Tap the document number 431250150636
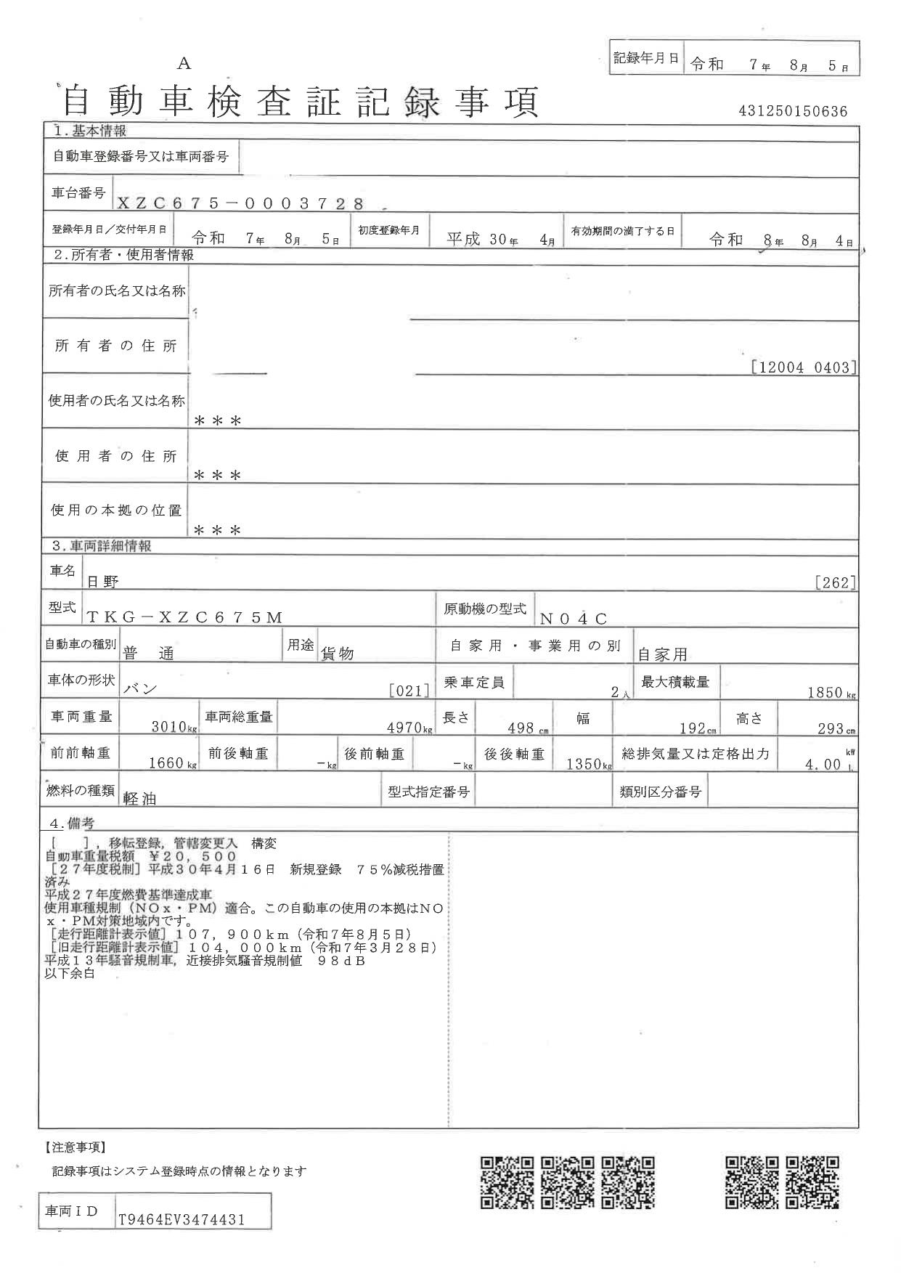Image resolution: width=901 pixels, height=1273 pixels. (793, 111)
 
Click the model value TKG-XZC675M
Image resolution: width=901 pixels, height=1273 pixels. (184, 617)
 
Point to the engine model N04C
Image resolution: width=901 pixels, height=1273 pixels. (573, 619)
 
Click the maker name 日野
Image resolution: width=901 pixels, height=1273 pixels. (103, 582)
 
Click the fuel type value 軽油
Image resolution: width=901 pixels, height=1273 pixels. (140, 798)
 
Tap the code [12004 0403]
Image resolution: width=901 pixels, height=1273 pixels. (804, 367)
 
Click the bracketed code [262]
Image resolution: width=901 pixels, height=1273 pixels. (836, 582)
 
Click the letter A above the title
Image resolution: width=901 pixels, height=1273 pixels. (184, 64)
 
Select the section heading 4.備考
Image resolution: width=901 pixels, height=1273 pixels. (71, 824)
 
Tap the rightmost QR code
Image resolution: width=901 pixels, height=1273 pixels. (814, 1182)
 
